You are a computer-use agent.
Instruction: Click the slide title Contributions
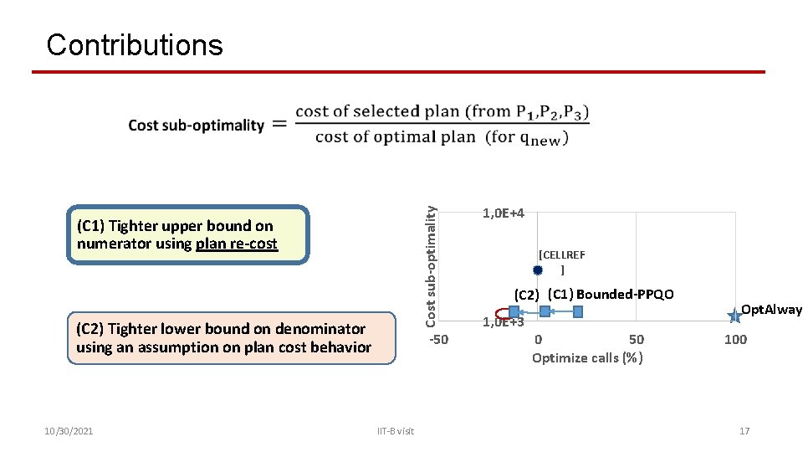pos(135,44)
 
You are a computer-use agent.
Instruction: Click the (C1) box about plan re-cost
pos(187,235)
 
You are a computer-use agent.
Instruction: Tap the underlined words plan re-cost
pos(236,244)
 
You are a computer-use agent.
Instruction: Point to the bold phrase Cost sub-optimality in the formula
pos(196,126)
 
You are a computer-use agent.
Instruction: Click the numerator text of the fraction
pos(442,111)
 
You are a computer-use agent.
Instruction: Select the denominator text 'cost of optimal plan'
pos(395,137)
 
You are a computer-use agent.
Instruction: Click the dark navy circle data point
pos(538,270)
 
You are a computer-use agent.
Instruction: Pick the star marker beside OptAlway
pos(734,316)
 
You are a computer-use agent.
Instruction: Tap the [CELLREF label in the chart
pos(562,254)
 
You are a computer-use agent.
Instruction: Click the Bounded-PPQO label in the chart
pos(624,294)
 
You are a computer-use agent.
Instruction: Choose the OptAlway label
pos(771,310)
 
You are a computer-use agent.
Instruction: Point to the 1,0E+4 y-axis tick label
pos(504,213)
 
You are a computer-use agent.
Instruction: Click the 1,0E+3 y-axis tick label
pos(504,322)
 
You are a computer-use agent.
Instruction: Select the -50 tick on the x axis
pos(438,339)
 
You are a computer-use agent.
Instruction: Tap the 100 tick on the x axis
pos(735,339)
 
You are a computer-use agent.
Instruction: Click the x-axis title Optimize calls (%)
pos(587,358)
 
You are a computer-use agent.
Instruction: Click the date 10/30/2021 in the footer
pos(69,431)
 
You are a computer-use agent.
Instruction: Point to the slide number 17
pos(744,431)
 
